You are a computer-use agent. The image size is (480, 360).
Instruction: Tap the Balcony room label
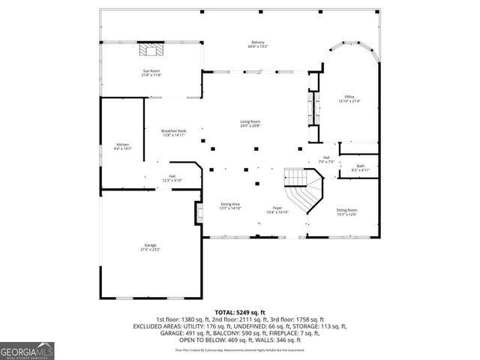(x=257, y=42)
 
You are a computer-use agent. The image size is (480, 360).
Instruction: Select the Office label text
(x=349, y=97)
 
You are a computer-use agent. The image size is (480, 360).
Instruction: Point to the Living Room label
(x=250, y=121)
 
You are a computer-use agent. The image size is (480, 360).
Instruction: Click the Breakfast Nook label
(x=173, y=130)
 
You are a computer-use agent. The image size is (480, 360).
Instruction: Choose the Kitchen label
(x=122, y=144)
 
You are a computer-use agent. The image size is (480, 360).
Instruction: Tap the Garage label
(x=150, y=244)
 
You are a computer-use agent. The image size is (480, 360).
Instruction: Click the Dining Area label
(x=229, y=204)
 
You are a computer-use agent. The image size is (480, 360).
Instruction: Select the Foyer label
(x=277, y=208)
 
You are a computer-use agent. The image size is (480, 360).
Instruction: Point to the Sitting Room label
(x=346, y=210)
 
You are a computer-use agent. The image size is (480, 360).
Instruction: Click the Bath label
(x=361, y=166)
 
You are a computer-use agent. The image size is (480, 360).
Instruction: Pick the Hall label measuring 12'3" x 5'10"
(x=172, y=176)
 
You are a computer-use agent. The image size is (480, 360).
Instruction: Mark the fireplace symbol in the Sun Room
(x=150, y=51)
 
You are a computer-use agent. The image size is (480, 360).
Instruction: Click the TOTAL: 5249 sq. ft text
(x=240, y=311)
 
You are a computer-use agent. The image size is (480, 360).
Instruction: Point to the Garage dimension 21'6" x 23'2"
(x=150, y=249)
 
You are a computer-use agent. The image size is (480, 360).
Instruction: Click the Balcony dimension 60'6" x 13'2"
(x=257, y=46)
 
